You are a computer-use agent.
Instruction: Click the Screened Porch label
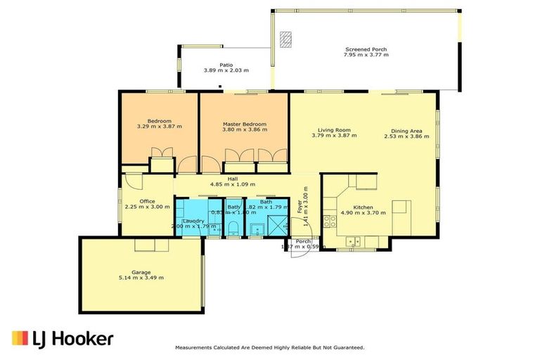365,49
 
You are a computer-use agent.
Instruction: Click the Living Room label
334,130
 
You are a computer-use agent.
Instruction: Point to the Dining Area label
406,130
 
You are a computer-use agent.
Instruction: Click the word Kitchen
363,207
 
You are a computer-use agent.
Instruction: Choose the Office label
147,201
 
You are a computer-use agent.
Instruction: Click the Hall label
232,179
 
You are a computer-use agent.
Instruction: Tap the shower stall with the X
280,227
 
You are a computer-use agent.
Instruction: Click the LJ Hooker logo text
74,340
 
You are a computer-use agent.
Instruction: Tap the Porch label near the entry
303,242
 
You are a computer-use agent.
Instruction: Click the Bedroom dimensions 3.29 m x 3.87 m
159,127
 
